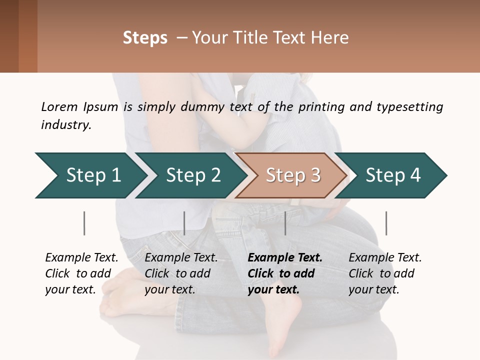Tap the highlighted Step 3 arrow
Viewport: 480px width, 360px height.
293,175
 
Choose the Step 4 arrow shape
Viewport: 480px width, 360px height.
393,175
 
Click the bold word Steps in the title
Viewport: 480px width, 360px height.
145,38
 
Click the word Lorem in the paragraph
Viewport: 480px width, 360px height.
59,106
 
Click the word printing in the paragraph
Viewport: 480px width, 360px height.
322,106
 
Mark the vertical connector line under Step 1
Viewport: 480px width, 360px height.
84,223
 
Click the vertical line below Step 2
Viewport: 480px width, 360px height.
184,223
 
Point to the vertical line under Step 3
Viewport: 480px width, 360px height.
285,223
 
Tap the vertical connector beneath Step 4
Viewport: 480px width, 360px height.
386,223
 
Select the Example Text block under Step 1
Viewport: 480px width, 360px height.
81,273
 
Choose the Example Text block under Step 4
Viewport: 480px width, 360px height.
384,273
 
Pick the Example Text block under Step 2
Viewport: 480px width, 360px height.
180,273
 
